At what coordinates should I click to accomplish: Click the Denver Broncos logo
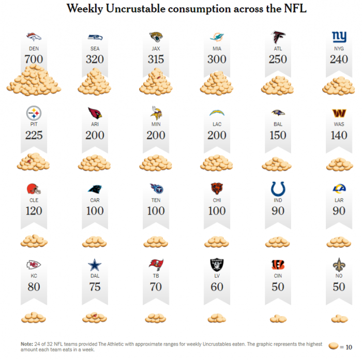pyautogui.click(x=34, y=37)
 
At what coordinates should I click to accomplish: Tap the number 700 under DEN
pyautogui.click(x=34, y=59)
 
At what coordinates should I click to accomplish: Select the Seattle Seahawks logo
pyautogui.click(x=95, y=37)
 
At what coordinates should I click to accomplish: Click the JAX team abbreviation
pyautogui.click(x=156, y=49)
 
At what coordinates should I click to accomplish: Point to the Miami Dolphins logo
pyautogui.click(x=217, y=37)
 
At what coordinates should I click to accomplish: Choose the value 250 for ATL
pyautogui.click(x=278, y=59)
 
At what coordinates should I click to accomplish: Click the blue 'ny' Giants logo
pyautogui.click(x=339, y=37)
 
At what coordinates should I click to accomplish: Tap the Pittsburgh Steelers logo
pyautogui.click(x=34, y=113)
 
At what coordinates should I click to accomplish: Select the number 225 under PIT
pyautogui.click(x=34, y=135)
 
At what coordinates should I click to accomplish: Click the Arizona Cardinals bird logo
pyautogui.click(x=95, y=113)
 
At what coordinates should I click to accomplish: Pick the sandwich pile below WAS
pyautogui.click(x=339, y=164)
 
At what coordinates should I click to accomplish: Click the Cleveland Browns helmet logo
pyautogui.click(x=34, y=189)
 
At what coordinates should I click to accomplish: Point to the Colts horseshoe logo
pyautogui.click(x=278, y=189)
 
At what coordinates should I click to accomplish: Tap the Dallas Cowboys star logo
pyautogui.click(x=95, y=265)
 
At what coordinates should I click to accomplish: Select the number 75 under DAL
pyautogui.click(x=95, y=287)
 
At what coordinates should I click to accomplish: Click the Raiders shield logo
pyautogui.click(x=217, y=265)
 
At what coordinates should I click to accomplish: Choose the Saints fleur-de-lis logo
pyautogui.click(x=339, y=265)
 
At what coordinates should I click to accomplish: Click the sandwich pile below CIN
pyautogui.click(x=278, y=319)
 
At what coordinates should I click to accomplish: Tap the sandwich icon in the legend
pyautogui.click(x=334, y=346)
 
